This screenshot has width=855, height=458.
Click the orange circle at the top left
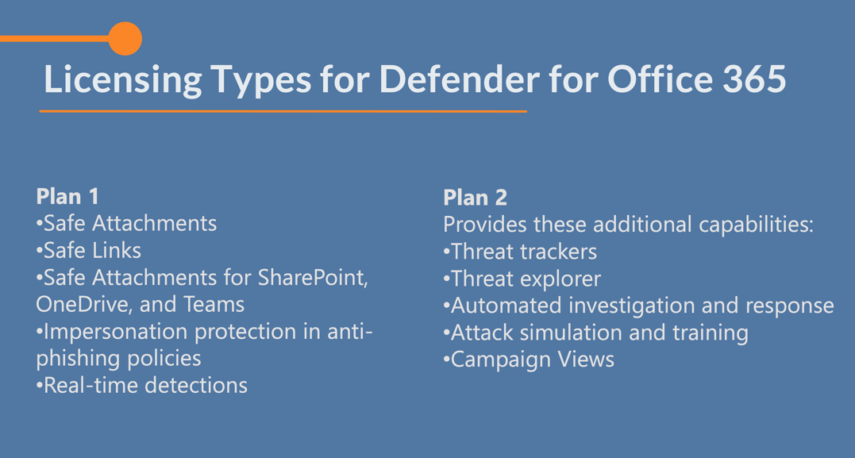click(125, 38)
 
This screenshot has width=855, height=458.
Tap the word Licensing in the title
click(123, 79)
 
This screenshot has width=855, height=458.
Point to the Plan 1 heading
click(67, 196)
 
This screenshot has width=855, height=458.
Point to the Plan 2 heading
click(475, 198)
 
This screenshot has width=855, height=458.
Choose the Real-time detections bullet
click(142, 385)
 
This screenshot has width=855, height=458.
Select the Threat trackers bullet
click(520, 252)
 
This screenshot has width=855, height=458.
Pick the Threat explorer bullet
click(522, 279)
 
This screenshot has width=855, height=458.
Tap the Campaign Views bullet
click(529, 359)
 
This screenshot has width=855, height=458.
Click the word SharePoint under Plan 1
click(312, 277)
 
